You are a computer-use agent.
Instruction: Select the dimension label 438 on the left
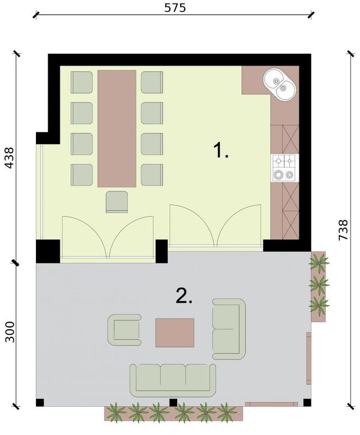point(8,159)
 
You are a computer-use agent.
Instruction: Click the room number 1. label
point(220,151)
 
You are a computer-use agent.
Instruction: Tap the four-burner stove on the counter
point(284,167)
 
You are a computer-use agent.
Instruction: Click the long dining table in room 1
point(117,129)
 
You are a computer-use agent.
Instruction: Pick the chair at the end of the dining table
point(117,201)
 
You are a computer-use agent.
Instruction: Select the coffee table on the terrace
point(175,333)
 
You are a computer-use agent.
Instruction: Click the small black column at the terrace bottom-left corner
point(40,403)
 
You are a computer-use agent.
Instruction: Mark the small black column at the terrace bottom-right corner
point(307,403)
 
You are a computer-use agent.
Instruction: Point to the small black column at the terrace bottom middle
point(173,403)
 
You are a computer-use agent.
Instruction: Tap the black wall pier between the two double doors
point(161,250)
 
